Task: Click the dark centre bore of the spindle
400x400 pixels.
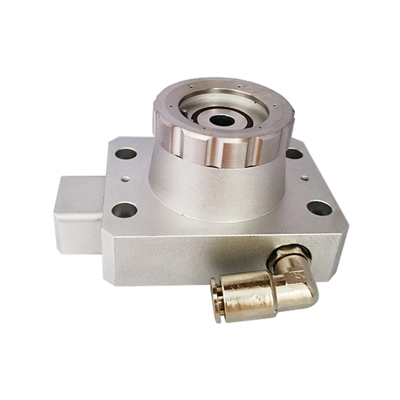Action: click(x=218, y=120)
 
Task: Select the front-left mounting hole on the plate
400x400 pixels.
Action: click(x=124, y=209)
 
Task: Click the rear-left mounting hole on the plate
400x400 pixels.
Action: click(x=126, y=153)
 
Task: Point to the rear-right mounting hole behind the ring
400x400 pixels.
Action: click(x=294, y=153)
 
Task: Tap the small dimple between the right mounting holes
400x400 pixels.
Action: click(x=305, y=178)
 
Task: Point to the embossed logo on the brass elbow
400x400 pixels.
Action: click(x=298, y=275)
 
